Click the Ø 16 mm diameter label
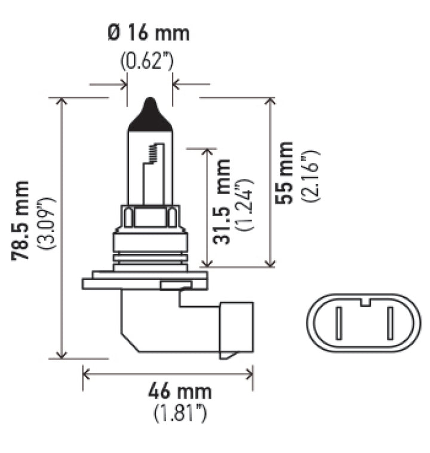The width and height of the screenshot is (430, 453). coord(150,33)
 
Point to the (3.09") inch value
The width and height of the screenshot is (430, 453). coord(47,221)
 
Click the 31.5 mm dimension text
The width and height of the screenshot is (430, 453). coord(222,201)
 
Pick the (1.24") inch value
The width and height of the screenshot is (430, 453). coord(245,203)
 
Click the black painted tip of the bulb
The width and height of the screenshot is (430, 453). coord(150,116)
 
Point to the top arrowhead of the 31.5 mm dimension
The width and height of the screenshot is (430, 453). coord(207,151)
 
